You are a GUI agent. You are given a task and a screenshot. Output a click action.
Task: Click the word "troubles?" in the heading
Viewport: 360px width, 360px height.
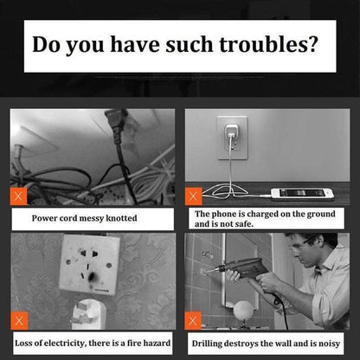pyautogui.click(x=268, y=44)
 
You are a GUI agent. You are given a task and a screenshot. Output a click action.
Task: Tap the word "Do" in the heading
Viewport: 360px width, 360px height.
pyautogui.click(x=46, y=44)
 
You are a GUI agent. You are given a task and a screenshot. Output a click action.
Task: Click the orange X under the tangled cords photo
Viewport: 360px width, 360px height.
pyautogui.click(x=18, y=196)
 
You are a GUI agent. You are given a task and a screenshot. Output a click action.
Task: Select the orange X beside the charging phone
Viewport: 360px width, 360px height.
pyautogui.click(x=194, y=196)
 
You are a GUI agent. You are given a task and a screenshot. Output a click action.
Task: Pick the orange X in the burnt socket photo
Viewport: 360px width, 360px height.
pyautogui.click(x=19, y=320)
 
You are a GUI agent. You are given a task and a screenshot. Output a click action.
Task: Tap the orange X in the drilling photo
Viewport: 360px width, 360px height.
pyautogui.click(x=193, y=320)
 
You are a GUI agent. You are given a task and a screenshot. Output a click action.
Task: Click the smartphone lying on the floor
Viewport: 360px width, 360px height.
pyautogui.click(x=302, y=194)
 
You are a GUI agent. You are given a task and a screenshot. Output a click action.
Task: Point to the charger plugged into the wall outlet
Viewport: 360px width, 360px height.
pyautogui.click(x=231, y=132)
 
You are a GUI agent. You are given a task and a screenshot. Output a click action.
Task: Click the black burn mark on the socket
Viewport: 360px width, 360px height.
pyautogui.click(x=92, y=278)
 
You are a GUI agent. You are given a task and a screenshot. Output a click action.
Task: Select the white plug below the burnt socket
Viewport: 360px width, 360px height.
pyautogui.click(x=87, y=314)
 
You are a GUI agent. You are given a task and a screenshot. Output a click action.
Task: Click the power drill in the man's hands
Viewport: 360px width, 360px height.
pyautogui.click(x=242, y=268)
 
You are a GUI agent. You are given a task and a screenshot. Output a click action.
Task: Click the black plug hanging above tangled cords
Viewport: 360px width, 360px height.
pyautogui.click(x=116, y=124)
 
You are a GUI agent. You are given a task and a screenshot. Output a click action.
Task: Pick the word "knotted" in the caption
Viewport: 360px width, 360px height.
pyautogui.click(x=121, y=218)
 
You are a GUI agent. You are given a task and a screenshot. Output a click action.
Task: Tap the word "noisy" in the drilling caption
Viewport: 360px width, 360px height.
pyautogui.click(x=330, y=344)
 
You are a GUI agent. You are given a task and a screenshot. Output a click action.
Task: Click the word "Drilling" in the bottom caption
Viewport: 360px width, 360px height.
pyautogui.click(x=207, y=344)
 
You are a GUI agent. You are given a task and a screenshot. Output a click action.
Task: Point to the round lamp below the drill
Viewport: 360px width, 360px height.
pyautogui.click(x=243, y=311)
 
